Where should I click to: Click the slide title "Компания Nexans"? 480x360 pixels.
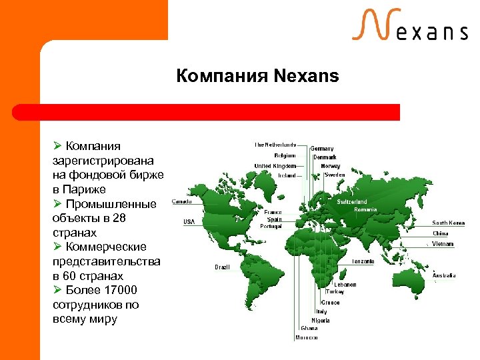(x=257, y=76)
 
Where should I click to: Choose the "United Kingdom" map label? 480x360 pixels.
(x=275, y=166)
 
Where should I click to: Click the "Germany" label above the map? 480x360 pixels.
(x=323, y=149)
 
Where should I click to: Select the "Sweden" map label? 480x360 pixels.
(x=335, y=175)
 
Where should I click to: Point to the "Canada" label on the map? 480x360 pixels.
(x=183, y=201)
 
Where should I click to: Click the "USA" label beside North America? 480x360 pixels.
(x=189, y=221)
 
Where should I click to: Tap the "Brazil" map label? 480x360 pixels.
(x=222, y=267)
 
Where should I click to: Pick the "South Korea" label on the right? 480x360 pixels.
(x=449, y=223)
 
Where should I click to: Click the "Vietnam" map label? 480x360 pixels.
(x=443, y=244)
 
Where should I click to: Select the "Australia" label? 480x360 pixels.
(x=444, y=275)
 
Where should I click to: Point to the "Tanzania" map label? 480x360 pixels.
(x=363, y=261)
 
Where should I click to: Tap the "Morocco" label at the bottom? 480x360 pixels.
(x=307, y=337)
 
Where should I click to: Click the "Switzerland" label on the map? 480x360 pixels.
(x=352, y=201)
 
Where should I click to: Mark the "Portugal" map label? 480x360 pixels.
(x=271, y=226)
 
